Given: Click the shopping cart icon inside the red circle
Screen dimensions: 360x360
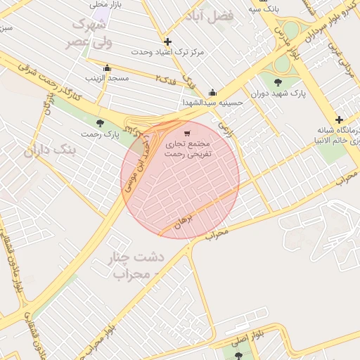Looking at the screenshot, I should [186, 133].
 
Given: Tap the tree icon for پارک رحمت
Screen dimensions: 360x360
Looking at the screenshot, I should [98, 122].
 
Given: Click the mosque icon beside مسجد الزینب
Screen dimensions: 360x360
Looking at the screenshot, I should [107, 68].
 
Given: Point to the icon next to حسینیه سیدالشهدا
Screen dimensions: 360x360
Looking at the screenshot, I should [212, 93].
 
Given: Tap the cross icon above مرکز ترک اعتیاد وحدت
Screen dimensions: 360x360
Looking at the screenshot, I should [167, 42].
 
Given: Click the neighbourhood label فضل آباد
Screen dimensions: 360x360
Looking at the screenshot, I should [208, 15].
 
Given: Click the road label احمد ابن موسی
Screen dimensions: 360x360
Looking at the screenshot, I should [136, 162].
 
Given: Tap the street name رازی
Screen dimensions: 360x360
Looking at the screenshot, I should [225, 128].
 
